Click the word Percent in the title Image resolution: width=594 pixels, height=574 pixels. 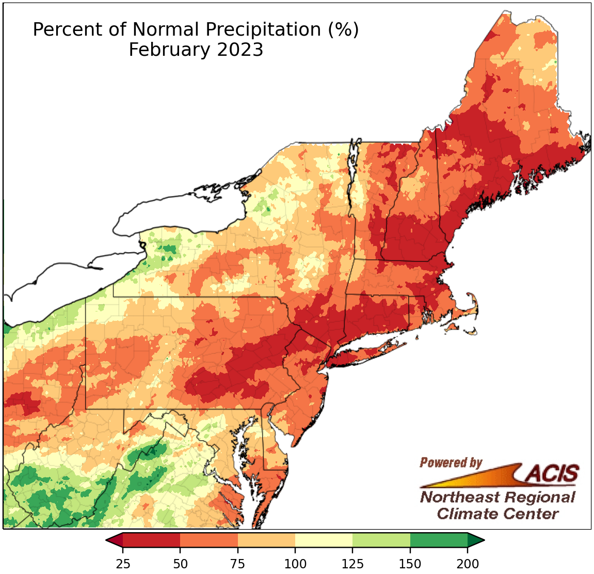click(60, 29)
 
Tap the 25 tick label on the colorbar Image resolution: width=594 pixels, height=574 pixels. click(123, 563)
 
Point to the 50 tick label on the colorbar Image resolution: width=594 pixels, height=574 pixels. click(180, 563)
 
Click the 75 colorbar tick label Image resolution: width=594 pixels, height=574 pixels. click(237, 563)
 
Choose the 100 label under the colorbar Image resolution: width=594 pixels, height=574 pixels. click(295, 563)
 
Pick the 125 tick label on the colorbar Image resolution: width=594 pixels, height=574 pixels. click(352, 563)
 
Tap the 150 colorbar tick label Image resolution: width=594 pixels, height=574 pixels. click(410, 563)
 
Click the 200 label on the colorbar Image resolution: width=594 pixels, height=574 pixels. click(468, 563)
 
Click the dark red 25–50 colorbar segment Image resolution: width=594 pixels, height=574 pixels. click(152, 540)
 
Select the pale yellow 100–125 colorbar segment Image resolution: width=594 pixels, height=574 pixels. click(324, 540)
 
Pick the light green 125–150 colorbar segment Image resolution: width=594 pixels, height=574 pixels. click(381, 540)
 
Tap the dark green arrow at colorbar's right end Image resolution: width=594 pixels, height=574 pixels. click(475, 540)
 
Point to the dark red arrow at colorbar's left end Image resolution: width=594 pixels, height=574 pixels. click(115, 540)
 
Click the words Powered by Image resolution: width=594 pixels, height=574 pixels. click(451, 462)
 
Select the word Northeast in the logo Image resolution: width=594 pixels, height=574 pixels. click(459, 498)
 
